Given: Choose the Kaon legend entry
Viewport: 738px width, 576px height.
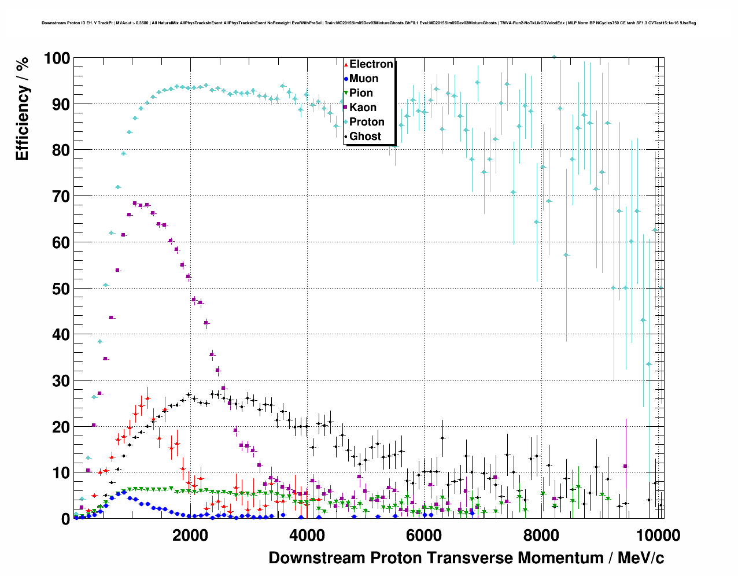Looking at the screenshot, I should [363, 108].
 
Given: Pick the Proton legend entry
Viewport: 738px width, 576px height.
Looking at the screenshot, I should [367, 122].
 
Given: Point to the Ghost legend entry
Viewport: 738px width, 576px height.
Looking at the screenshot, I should [365, 136].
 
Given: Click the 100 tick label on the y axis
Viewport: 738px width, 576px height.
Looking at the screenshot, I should [57, 58].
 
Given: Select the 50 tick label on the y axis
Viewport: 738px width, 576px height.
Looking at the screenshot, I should [61, 289].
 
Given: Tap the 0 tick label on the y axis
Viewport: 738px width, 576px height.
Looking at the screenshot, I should [65, 519].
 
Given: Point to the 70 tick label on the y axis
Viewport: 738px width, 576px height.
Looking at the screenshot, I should [61, 197].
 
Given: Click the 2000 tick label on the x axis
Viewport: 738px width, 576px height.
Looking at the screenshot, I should [190, 536].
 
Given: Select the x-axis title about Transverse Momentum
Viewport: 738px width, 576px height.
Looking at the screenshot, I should [466, 558].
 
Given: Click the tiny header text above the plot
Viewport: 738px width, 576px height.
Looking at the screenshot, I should [368, 23].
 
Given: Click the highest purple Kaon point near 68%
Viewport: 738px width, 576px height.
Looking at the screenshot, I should [135, 203].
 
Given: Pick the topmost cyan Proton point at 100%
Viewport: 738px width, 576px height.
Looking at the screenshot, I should [554, 57].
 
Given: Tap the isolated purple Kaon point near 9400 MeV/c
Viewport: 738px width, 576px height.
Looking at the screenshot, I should [625, 466].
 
